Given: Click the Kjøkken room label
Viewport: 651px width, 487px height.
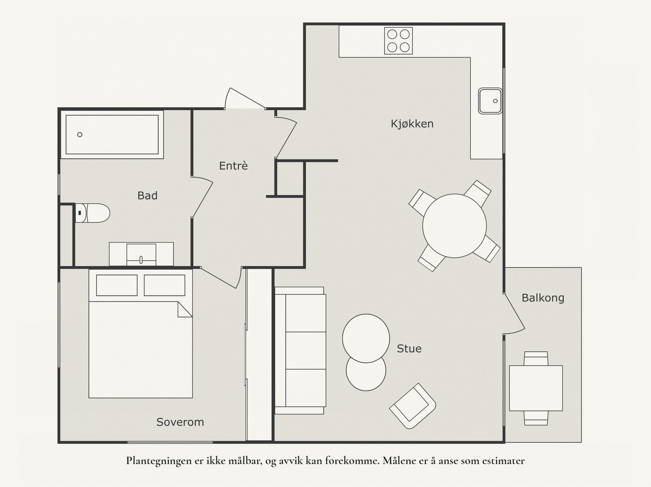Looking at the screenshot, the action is tap(412, 124).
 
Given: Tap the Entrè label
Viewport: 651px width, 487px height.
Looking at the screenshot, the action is tap(233, 165).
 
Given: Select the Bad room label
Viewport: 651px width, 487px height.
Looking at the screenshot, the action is tap(147, 196).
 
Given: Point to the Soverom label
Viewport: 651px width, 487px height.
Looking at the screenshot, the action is tap(180, 422).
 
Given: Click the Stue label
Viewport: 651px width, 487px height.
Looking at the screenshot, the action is tap(409, 349).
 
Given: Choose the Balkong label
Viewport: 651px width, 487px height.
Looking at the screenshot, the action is tap(543, 298).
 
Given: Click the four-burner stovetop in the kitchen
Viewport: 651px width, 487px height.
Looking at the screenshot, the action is tap(398, 41).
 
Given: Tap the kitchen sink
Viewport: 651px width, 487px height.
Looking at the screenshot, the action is tap(490, 101).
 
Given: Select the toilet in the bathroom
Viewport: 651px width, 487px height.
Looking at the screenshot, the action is tap(92, 213).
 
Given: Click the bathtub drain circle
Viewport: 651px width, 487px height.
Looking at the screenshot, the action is tap(79, 135).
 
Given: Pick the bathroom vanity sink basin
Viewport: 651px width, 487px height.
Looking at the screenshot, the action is tap(141, 254).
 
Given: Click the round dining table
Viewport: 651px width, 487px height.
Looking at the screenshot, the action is tap(454, 226).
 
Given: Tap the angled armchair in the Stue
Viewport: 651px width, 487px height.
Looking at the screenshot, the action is tap(413, 406).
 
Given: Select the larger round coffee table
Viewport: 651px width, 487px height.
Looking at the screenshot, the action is tap(366, 338).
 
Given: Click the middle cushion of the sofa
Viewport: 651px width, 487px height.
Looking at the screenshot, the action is tap(306, 350).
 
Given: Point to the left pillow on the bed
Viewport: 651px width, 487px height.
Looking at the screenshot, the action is tap(117, 285).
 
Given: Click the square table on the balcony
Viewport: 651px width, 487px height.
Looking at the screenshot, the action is tap(536, 388).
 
